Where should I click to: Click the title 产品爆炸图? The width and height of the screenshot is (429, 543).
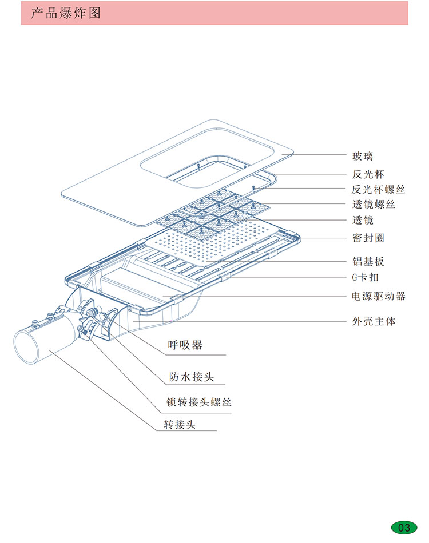click(x=65, y=13)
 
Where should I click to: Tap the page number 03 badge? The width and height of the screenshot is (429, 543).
click(x=404, y=527)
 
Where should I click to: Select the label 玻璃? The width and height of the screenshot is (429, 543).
click(x=363, y=156)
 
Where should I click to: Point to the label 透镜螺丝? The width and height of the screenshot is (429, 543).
click(x=373, y=204)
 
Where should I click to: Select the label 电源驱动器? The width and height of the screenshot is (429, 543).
click(x=378, y=296)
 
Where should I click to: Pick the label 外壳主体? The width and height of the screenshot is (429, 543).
click(x=373, y=321)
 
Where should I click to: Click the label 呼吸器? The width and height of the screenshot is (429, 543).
click(x=184, y=345)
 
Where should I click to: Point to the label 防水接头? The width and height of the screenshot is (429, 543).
click(x=191, y=377)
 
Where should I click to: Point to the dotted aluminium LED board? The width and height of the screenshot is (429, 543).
click(x=223, y=243)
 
